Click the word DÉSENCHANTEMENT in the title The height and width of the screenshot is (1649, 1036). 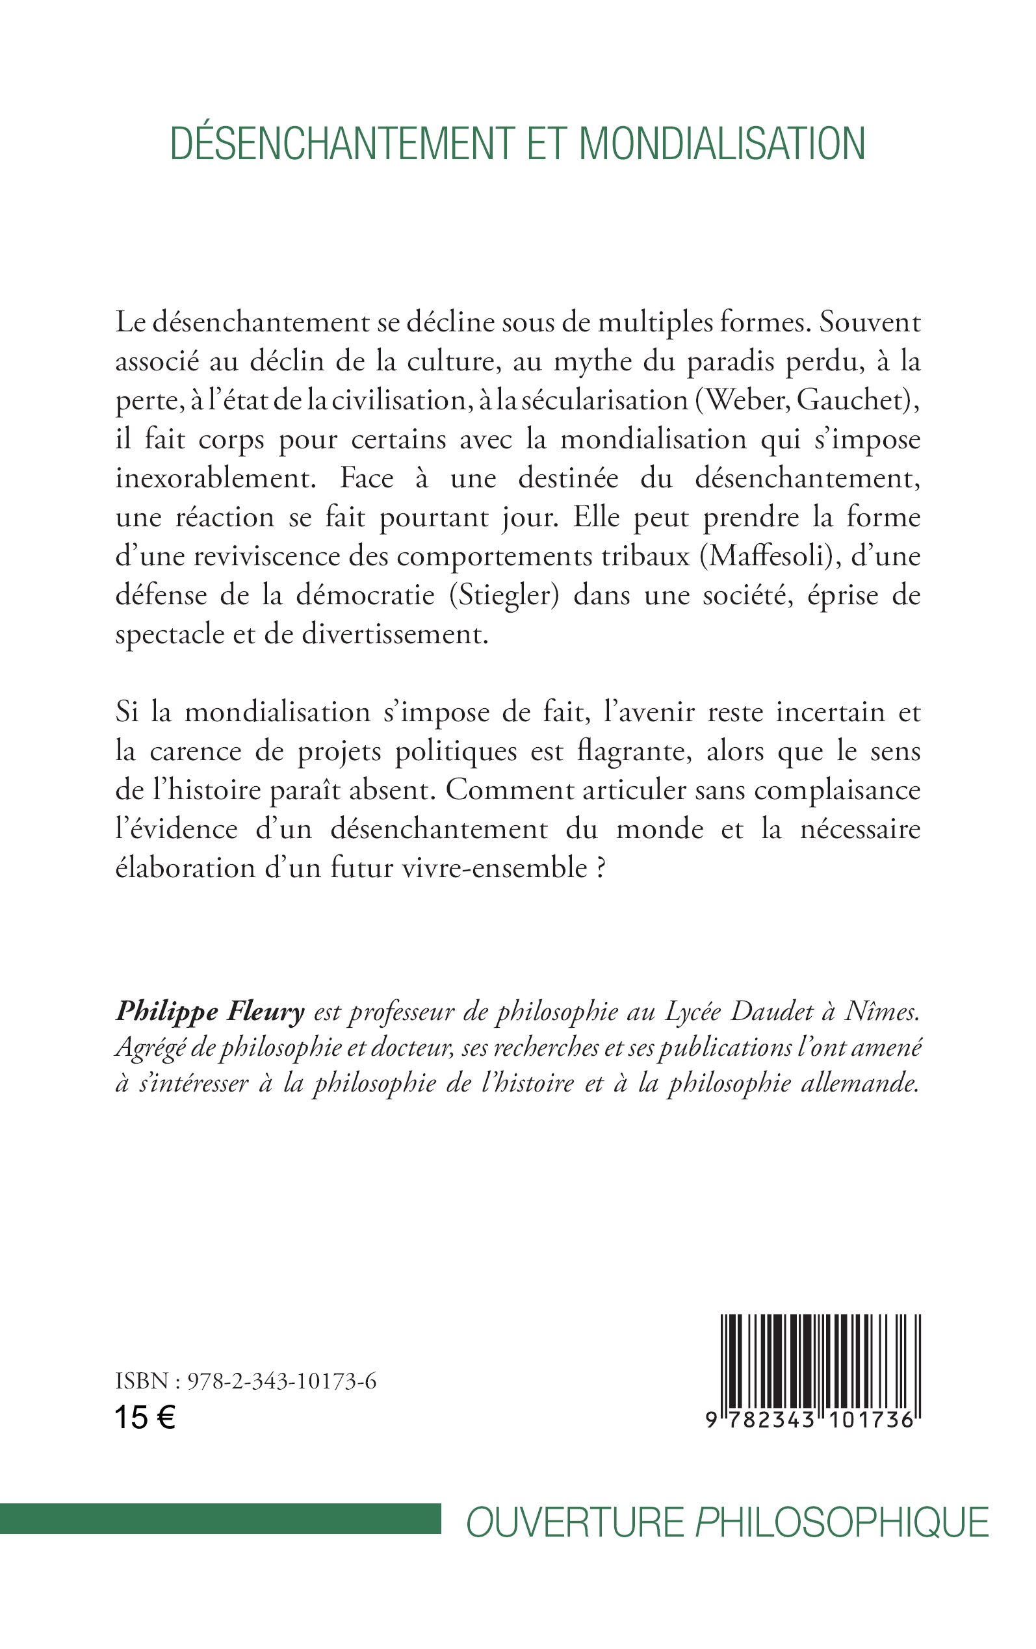pyautogui.click(x=341, y=144)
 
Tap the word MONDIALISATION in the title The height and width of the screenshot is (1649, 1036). pyautogui.click(x=722, y=144)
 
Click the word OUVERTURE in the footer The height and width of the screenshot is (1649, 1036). pyautogui.click(x=575, y=1522)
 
